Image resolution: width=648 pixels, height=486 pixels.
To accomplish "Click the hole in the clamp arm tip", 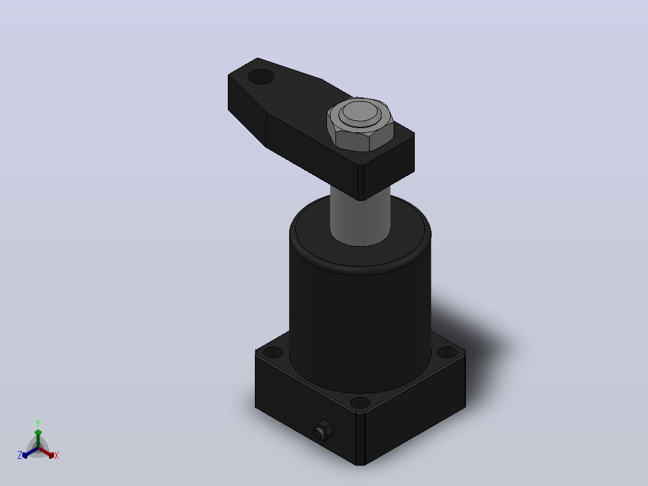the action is pos(261,76).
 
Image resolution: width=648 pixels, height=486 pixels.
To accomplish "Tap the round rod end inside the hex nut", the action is pos(359,112).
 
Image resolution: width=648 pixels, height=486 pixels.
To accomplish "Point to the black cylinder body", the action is pos(360,315).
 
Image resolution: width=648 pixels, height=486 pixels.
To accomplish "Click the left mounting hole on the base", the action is pos(273,352).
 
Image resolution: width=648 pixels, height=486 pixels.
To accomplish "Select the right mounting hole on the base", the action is pos(447,352).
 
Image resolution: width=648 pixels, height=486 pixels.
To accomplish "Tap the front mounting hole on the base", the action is pos(360,402).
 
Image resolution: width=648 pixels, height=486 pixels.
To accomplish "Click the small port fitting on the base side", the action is pos(323,430).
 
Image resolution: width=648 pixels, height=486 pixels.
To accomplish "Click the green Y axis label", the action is pos(38,423).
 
